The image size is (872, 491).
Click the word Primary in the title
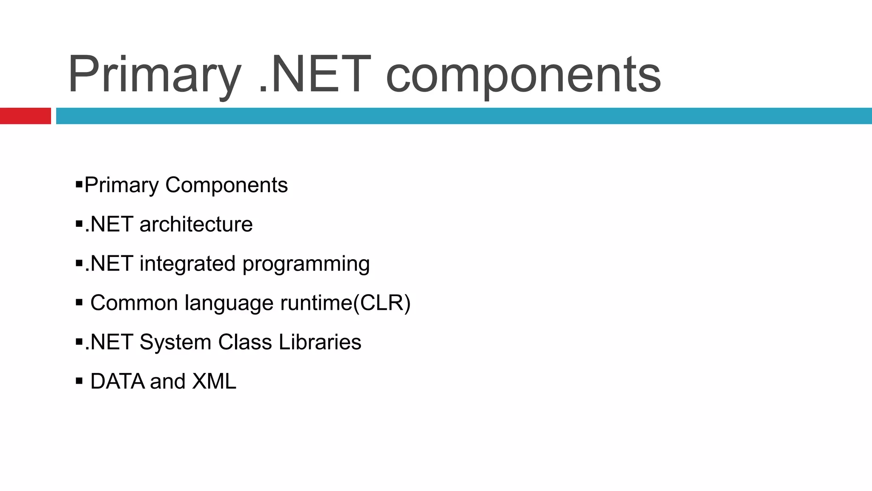click(154, 75)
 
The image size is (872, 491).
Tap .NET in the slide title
click(314, 74)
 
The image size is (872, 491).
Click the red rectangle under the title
click(25, 116)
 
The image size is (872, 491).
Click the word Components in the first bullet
click(226, 185)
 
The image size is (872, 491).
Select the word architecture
click(196, 224)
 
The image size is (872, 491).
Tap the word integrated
click(187, 264)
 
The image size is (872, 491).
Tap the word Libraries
click(319, 342)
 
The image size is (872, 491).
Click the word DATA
click(118, 381)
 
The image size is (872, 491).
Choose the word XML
click(214, 381)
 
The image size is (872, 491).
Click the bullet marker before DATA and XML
click(79, 381)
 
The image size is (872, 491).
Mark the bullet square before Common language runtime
click(79, 302)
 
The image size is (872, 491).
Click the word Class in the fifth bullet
click(245, 342)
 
